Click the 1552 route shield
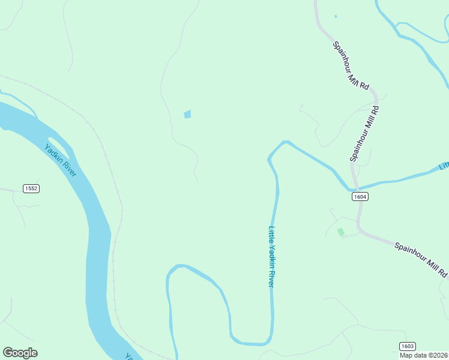31,188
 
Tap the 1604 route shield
360,196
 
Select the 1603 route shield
407,346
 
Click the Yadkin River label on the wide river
61,160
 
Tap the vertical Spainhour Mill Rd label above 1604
365,134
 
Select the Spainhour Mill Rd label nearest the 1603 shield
421,259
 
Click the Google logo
20,353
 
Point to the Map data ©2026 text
423,355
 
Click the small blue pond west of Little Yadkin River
187,114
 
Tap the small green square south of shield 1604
341,232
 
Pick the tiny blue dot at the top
335,16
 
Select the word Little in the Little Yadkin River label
271,234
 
